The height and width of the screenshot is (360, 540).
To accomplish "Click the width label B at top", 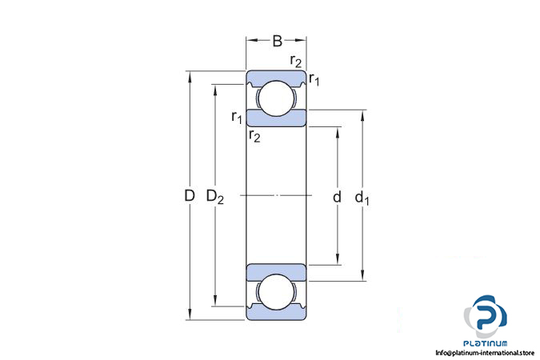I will [277, 41].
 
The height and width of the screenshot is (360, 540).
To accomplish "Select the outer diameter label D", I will [190, 196].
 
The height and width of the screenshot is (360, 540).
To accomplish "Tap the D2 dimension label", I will [215, 196].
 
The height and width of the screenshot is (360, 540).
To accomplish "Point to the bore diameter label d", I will [337, 196].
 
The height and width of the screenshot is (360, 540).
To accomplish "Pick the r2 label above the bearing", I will [295, 62].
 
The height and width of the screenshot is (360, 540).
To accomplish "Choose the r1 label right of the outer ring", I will [314, 79].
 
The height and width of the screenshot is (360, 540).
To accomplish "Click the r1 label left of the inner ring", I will [237, 118].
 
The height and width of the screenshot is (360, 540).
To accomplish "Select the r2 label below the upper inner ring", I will [254, 137].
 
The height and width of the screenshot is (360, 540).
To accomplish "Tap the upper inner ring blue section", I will [276, 118].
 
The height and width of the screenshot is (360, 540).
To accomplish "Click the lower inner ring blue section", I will [276, 270].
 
